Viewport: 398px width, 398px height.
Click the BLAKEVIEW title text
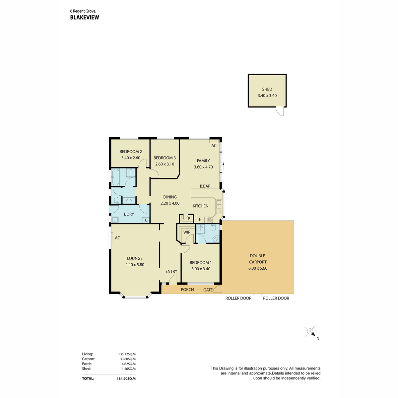pyautogui.click(x=85, y=17)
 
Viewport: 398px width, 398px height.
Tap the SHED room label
pyautogui.click(x=267, y=89)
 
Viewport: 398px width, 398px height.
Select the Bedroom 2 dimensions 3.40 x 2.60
pyautogui.click(x=131, y=158)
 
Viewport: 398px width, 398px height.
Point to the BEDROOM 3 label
pyautogui.click(x=165, y=158)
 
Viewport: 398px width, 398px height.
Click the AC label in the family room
pyautogui.click(x=214, y=146)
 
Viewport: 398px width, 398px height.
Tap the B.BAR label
pyautogui.click(x=205, y=186)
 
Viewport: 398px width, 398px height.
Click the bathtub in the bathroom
pyautogui.click(x=115, y=177)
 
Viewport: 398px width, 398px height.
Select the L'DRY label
pyautogui.click(x=129, y=214)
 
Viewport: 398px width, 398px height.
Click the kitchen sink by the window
pyautogui.click(x=219, y=207)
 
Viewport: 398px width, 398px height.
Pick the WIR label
pyautogui.click(x=187, y=232)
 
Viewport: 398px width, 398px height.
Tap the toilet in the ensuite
pyautogui.click(x=214, y=228)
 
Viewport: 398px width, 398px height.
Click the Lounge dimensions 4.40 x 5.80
pyautogui.click(x=135, y=265)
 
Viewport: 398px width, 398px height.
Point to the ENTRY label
pyautogui.click(x=171, y=271)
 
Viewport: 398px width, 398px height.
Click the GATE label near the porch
pyautogui.click(x=208, y=290)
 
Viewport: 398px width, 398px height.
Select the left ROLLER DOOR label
pyautogui.click(x=238, y=298)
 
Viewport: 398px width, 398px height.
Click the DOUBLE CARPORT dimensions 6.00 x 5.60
pyautogui.click(x=258, y=268)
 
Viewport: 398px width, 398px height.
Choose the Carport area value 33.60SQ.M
pyautogui.click(x=127, y=359)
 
